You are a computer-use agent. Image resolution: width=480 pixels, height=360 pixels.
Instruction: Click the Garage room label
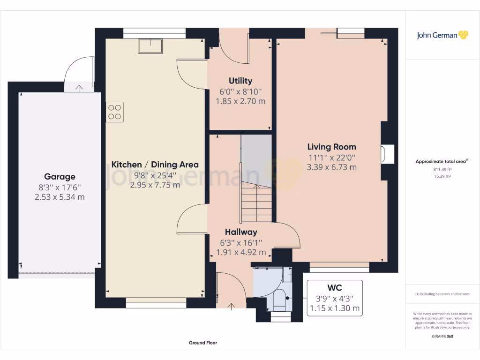coord(60,177)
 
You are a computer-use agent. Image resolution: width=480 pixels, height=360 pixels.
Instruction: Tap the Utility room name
coord(240,81)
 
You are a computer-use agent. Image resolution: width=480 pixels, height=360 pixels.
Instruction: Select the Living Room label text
coord(332,147)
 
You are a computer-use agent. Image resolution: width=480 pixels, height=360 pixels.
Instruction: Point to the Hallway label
coord(241,232)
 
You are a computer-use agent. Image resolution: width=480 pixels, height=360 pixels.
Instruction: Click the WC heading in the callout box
coord(335,288)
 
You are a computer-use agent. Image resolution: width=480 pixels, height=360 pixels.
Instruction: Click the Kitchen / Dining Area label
coord(155,165)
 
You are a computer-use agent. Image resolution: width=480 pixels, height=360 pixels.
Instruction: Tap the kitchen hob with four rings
coord(114,112)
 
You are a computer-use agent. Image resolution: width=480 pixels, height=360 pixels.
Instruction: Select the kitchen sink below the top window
coord(150,46)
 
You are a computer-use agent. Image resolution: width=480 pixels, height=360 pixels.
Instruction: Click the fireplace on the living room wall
coord(387,154)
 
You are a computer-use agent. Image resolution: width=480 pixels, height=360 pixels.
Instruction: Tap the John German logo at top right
coord(442,35)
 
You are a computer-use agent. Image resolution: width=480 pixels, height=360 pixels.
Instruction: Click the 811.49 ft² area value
coord(442,169)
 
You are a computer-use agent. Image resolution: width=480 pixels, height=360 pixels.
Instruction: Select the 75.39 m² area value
coord(442,176)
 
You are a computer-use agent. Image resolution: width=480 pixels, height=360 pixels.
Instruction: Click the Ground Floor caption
coord(203,343)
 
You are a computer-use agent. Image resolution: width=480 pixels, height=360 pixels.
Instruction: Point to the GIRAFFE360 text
coord(442,337)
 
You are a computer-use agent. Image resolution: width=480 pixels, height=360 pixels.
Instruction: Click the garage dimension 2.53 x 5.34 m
coord(60,197)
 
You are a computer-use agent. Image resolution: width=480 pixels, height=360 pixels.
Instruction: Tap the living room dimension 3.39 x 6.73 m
coord(332,167)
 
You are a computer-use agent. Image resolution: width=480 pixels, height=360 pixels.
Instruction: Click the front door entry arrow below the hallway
coord(231,307)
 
